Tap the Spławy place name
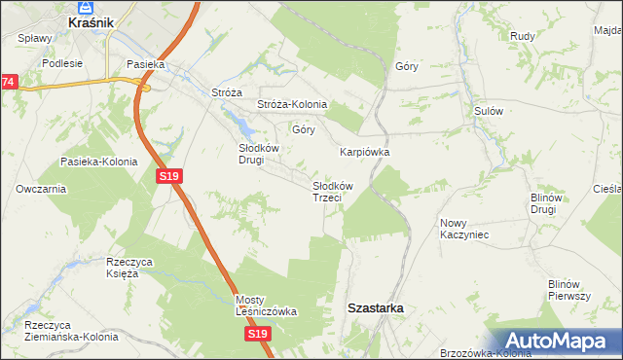[35, 38]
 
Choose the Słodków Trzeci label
[332, 191]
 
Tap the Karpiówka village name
[365, 152]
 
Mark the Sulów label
[488, 111]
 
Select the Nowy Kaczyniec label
[463, 229]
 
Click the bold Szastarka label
[377, 307]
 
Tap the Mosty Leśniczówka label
[266, 306]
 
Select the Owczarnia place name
[41, 188]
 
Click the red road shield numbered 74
[8, 83]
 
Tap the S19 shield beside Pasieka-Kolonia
[168, 175]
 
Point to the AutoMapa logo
[559, 340]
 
